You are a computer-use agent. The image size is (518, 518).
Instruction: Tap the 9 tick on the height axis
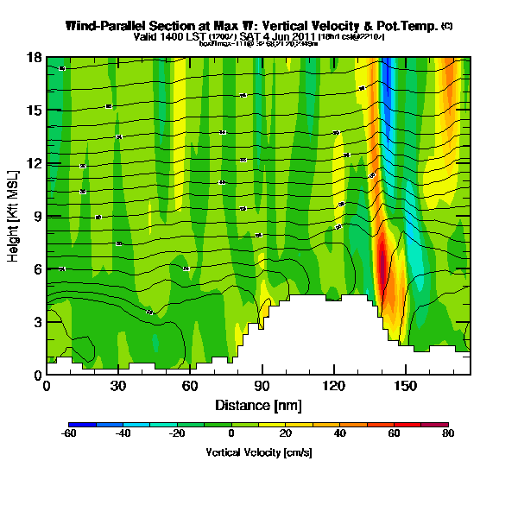[39, 217]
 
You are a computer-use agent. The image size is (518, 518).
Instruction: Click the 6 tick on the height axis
[39, 269]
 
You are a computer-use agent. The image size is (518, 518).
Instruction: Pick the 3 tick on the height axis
[39, 322]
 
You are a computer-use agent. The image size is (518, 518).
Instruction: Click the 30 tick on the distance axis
[118, 386]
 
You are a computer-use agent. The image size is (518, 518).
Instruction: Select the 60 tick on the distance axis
[190, 386]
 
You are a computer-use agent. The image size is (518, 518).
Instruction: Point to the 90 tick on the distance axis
[262, 386]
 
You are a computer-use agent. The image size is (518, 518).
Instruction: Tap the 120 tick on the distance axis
[333, 386]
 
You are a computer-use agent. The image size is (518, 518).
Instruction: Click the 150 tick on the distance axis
[405, 386]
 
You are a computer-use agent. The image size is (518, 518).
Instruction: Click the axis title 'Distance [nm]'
[258, 405]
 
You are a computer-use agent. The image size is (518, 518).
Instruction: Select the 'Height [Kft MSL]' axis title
[15, 216]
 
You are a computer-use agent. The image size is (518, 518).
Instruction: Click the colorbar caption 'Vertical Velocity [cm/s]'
[259, 452]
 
